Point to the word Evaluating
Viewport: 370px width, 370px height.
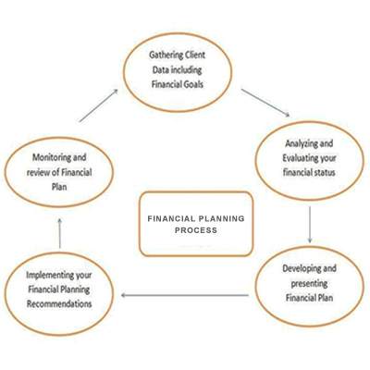point(300,158)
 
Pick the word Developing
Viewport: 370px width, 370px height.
point(298,269)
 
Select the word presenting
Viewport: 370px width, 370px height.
point(309,284)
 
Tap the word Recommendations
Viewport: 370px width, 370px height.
point(59,303)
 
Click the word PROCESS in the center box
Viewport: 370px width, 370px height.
point(196,230)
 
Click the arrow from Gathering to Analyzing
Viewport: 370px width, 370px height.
point(265,103)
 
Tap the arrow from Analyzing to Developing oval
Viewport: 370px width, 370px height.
point(310,225)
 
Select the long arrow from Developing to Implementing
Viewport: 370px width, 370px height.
point(185,295)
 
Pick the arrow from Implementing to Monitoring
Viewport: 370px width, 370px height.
point(60,233)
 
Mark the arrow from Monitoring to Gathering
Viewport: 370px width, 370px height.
point(99,105)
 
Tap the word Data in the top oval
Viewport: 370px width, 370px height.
point(160,70)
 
